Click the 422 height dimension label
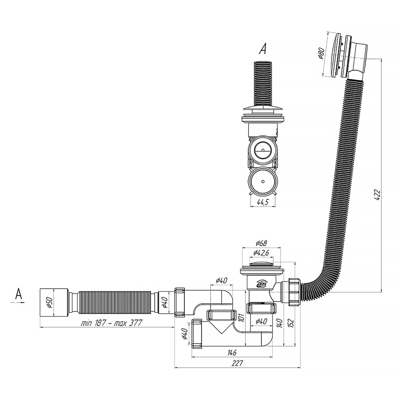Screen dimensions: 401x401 click(x=377, y=195)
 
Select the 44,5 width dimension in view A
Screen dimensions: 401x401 click(x=263, y=202)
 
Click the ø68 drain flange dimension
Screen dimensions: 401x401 click(x=261, y=243)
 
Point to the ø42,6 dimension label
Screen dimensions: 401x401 click(x=261, y=253)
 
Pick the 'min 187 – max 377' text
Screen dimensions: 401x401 click(x=111, y=323)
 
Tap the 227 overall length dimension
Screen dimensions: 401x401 click(x=237, y=363)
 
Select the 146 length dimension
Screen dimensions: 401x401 click(x=232, y=353)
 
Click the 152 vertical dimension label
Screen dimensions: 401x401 click(x=291, y=323)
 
